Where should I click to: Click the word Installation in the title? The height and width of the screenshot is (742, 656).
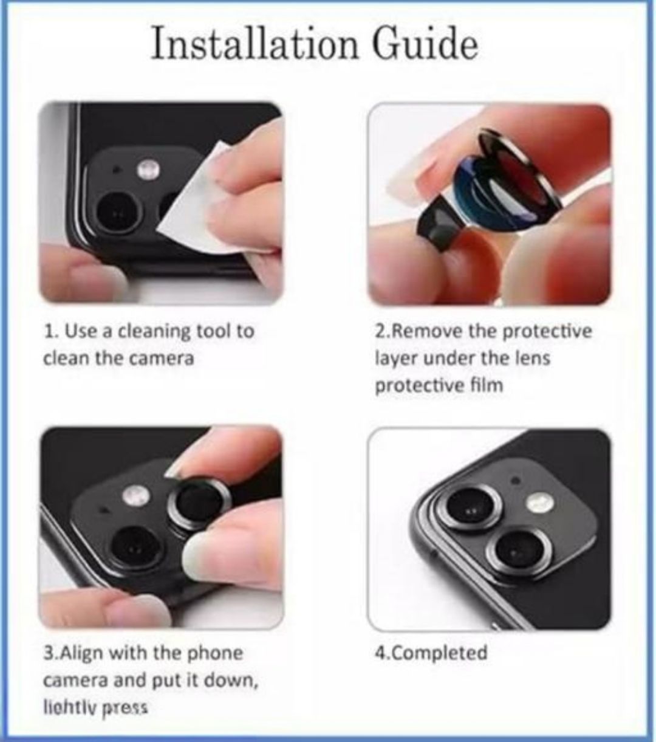click(x=255, y=44)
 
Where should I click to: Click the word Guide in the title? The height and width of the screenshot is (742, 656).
click(x=425, y=44)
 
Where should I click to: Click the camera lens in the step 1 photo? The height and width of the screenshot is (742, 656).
click(x=118, y=213)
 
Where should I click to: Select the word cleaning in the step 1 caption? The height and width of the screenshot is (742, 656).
click(x=154, y=331)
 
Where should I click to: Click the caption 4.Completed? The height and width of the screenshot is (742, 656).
click(x=431, y=653)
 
